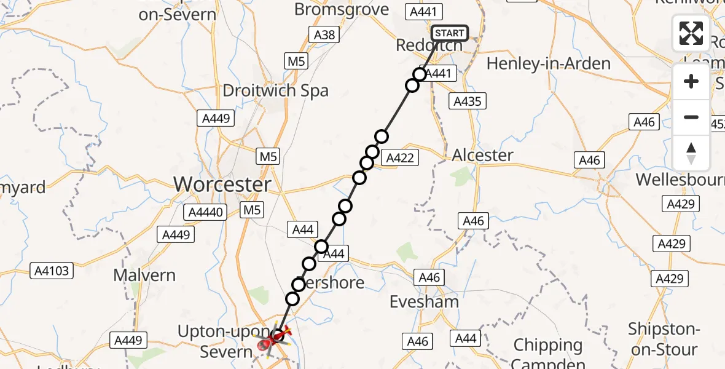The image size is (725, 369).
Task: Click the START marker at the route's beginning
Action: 450,33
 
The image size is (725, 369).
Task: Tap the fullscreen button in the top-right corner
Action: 691,33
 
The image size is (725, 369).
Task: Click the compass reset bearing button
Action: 691,153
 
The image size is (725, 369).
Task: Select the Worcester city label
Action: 222,184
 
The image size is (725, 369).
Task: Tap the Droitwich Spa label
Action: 275,91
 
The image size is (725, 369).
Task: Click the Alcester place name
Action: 482,156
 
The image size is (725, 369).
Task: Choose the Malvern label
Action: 144,275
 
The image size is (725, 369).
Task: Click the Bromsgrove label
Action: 342,9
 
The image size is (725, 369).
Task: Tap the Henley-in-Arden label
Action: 548,64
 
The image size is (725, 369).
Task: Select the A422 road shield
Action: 400,158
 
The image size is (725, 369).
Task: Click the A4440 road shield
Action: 206,213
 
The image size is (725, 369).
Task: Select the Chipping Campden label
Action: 547,353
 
